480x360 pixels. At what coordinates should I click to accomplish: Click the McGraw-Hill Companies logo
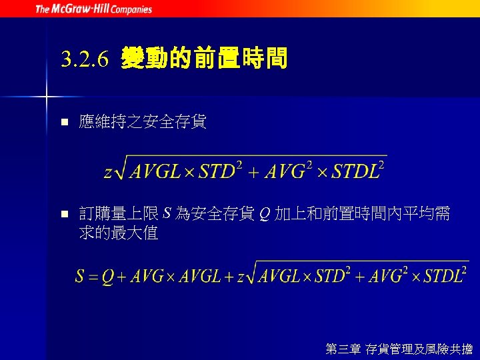tap(93, 9)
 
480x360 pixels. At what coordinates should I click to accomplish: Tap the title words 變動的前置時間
tap(204, 61)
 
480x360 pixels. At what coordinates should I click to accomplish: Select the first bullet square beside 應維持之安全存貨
tap(64, 123)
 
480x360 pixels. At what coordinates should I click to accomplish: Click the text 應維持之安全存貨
tap(143, 122)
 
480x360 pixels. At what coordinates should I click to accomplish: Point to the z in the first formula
tap(108, 172)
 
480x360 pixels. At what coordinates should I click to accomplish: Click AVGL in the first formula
tap(155, 171)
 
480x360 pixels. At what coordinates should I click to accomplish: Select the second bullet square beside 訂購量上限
tap(64, 215)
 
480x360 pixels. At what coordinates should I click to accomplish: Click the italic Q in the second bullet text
tap(264, 215)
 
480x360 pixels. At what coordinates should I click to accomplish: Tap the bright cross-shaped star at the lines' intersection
tap(47, 97)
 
